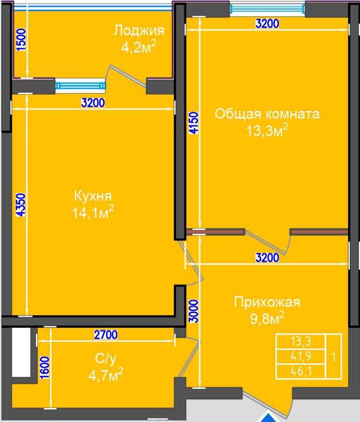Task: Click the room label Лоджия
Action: coord(139,31)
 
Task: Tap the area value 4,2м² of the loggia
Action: coord(139,48)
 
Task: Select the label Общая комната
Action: coord(267,114)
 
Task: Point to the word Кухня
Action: coord(92,196)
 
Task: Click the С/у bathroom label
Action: coord(102,359)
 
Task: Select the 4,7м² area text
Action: coord(105,376)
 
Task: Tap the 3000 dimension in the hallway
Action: coord(192,310)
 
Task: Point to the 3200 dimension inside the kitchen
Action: coord(93,102)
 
